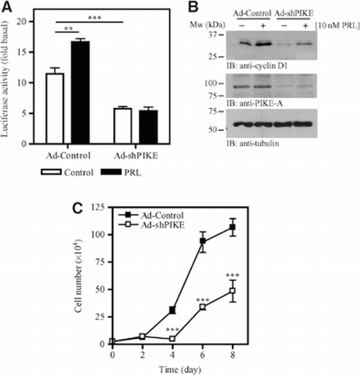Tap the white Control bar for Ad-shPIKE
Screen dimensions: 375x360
click(x=123, y=126)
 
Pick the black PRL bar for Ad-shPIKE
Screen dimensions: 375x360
click(x=148, y=127)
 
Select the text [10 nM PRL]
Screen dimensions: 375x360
click(x=334, y=25)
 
